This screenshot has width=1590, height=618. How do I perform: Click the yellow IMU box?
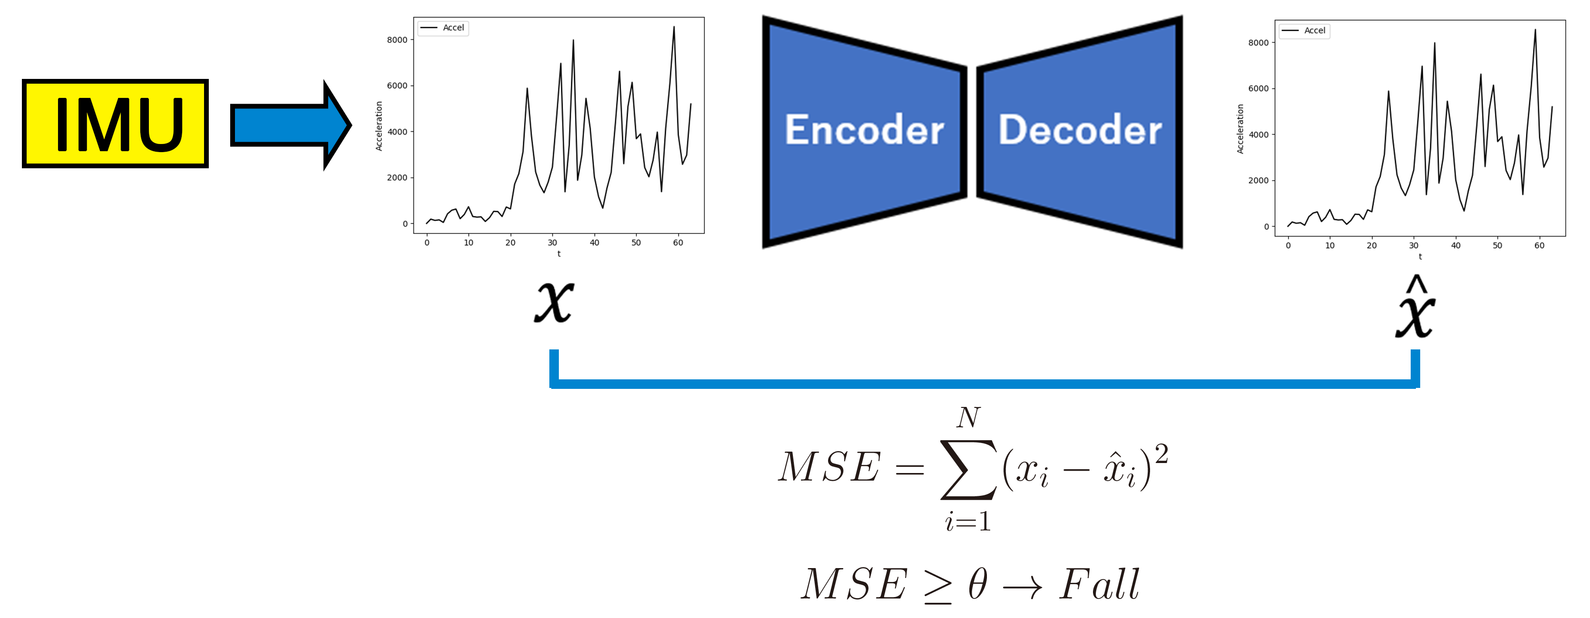pos(116,123)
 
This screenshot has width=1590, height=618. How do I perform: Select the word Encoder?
pos(864,130)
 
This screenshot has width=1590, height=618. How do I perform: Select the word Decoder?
pos(1080,130)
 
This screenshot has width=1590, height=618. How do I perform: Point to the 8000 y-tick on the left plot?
pos(397,40)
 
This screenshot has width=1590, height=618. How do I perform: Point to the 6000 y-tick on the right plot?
pos(1258,89)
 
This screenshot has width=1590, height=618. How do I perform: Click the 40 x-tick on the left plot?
pos(595,243)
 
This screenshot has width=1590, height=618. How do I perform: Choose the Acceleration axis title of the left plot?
pos(379,126)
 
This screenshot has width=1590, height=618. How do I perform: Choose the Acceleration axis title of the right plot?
pos(1240,129)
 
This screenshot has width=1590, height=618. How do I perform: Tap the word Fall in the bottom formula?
pos(1099,584)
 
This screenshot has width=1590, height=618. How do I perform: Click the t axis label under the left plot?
pos(558,253)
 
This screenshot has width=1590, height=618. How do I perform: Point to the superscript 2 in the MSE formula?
pos(1161,454)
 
